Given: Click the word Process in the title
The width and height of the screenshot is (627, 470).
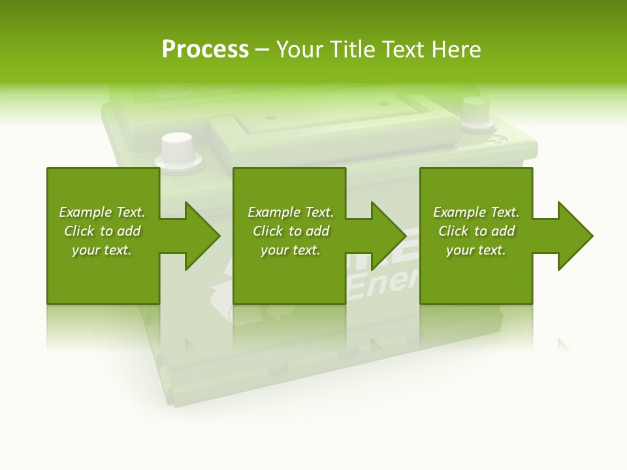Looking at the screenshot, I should pos(205,50).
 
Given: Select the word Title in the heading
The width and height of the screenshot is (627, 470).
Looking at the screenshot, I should pos(353,50).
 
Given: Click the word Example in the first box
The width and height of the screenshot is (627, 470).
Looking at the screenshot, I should pos(86,212).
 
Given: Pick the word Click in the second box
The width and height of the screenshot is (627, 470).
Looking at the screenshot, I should pos(266,231).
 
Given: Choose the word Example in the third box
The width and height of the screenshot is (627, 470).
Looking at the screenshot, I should pos(460,212).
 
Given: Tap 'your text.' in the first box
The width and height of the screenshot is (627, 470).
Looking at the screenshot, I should pos(102,250).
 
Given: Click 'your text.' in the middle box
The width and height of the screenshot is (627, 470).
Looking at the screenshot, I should pos(290,250).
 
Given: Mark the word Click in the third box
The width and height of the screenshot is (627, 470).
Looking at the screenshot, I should pos(452,231).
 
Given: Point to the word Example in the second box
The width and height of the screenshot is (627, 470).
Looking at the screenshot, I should pos(274,212).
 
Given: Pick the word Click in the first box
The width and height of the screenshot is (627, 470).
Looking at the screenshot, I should pos(78,231).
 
